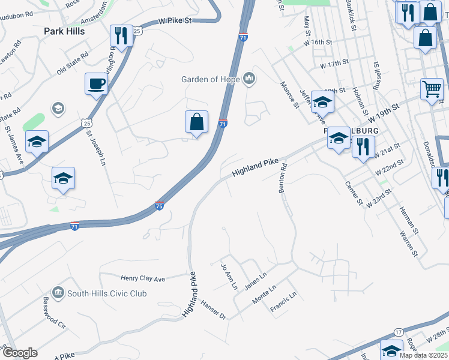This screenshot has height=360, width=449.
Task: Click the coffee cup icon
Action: click(x=95, y=84)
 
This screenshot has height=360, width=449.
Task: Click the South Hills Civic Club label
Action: click(x=107, y=293)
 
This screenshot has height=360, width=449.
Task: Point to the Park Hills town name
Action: click(x=63, y=31)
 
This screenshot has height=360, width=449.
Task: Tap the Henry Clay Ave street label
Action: click(x=143, y=278)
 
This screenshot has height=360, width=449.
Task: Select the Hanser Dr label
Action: click(x=213, y=310)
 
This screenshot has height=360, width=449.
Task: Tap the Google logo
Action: click(x=19, y=353)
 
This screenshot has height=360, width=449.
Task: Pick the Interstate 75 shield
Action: click(x=160, y=206)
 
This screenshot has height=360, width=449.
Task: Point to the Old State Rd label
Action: click(x=73, y=63)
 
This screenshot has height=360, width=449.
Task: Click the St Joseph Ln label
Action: click(x=95, y=149)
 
